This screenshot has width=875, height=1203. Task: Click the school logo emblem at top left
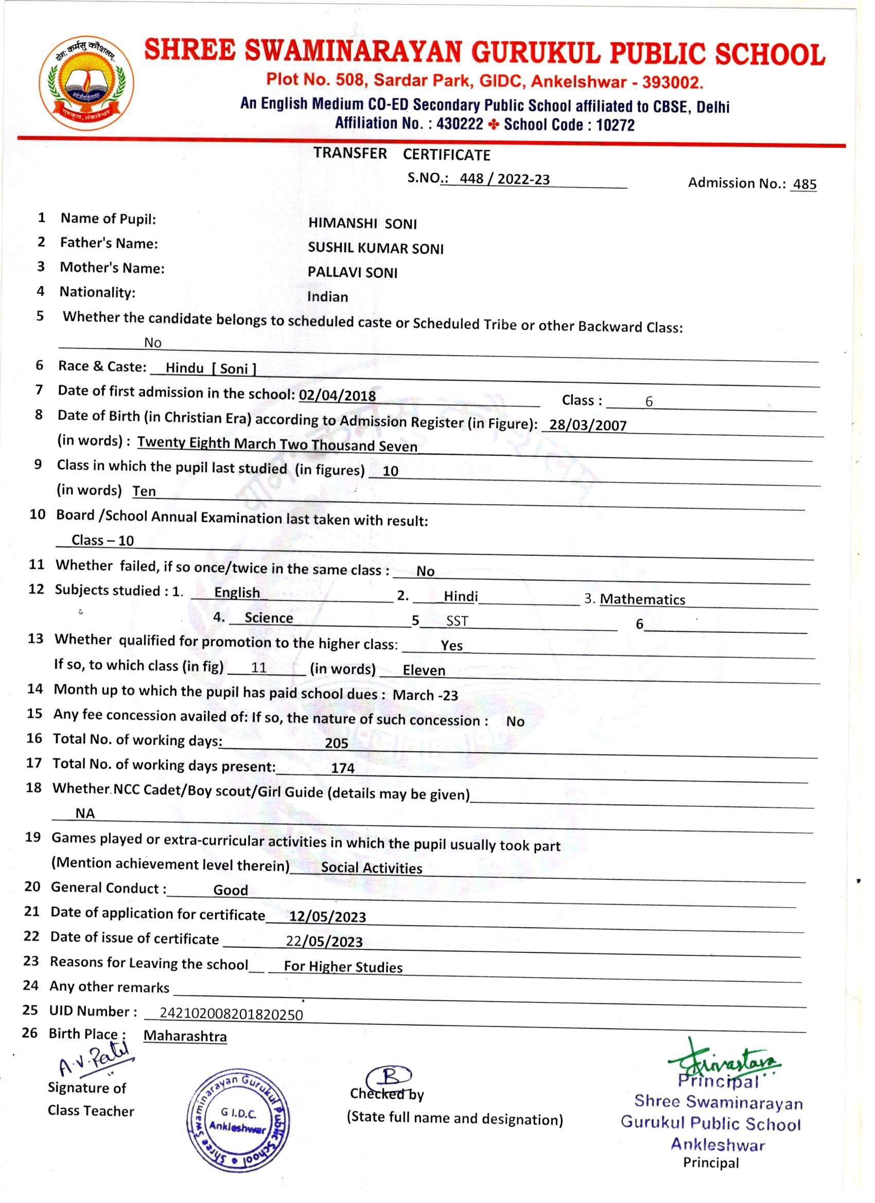coord(86,83)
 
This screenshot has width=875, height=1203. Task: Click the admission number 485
coord(804,184)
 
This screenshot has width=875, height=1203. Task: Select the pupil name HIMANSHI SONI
coord(362,223)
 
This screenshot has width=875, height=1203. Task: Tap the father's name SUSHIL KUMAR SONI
coord(376,248)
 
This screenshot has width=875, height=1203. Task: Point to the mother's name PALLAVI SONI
coord(353,273)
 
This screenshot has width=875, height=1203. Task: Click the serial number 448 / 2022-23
coord(504,179)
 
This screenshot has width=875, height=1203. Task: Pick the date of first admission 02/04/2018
coord(338,395)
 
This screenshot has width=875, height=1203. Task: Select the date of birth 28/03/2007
coord(588,425)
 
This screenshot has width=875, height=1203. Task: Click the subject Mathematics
coord(642,599)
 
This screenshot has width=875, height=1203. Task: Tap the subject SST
coord(457,621)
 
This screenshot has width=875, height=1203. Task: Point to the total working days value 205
coord(337,743)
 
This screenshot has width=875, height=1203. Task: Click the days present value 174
coord(343,768)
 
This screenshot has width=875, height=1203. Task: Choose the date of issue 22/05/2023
coord(324,942)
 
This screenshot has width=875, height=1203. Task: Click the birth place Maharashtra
coord(185,1036)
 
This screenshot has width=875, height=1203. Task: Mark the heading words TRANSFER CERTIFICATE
coord(401,154)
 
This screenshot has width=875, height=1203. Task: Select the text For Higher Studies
coord(343,966)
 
